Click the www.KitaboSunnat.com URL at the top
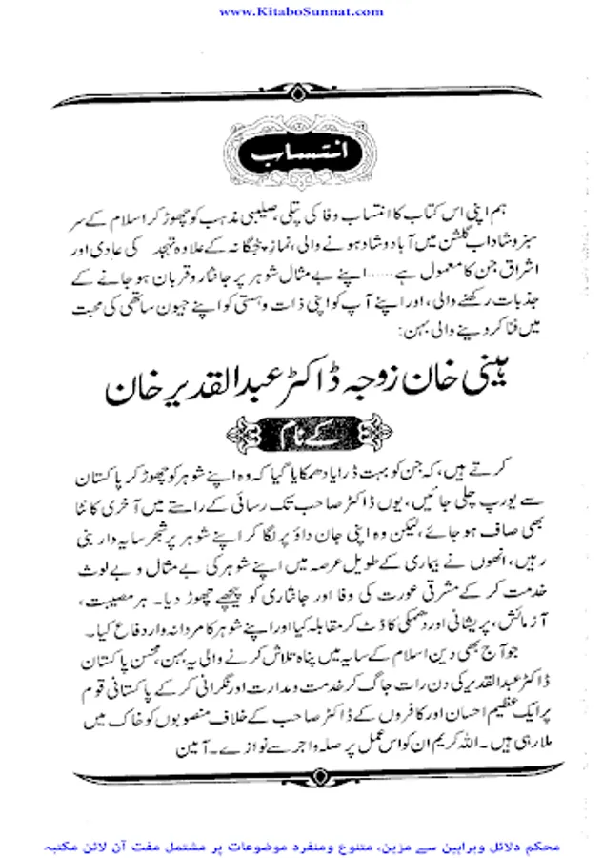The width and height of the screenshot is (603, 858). pyautogui.click(x=301, y=10)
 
